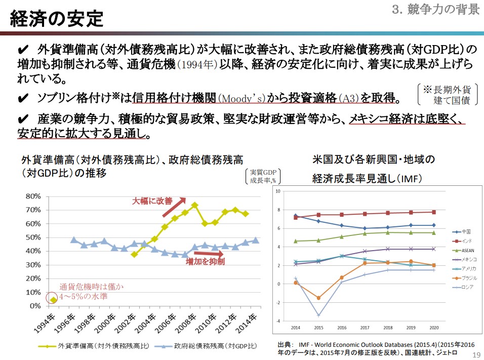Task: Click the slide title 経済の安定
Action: coord(57,19)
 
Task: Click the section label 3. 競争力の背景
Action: coord(436,9)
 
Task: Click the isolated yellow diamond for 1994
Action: coord(53,300)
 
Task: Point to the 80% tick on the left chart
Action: coord(32,196)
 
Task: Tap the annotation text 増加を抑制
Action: coord(205,262)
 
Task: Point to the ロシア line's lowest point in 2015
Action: coord(318,315)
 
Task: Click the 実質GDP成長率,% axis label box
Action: coord(262,176)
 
